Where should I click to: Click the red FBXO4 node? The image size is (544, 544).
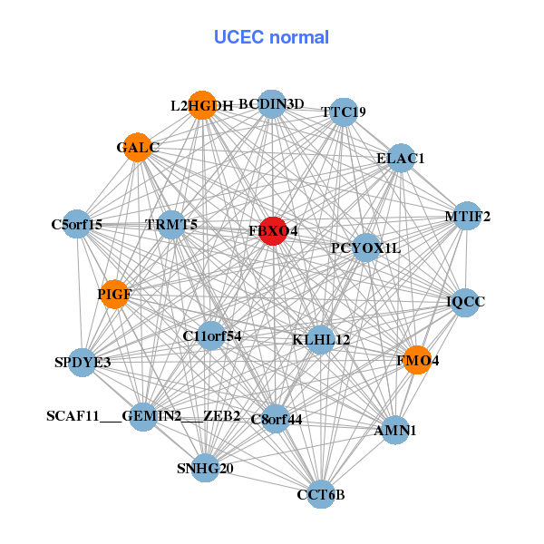tap(274, 230)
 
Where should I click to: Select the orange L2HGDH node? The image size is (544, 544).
tap(202, 105)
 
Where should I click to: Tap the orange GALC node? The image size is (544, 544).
tap(138, 148)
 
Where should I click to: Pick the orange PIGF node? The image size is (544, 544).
tap(114, 294)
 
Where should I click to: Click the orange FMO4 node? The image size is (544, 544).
tap(417, 360)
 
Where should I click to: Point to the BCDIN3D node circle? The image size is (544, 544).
tap(272, 103)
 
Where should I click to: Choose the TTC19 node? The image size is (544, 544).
tap(343, 112)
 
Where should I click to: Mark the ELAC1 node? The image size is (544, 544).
tap(401, 158)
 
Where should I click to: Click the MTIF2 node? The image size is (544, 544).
tap(467, 216)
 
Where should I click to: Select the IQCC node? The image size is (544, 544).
tap(466, 301)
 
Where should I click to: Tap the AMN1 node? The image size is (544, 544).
tap(395, 430)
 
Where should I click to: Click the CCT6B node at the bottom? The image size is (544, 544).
tap(321, 494)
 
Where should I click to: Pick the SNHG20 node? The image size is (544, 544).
tap(205, 468)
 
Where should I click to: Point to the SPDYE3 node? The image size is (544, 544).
tap(83, 363)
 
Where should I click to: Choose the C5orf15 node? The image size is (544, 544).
tap(77, 223)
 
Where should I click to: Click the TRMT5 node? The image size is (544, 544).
tap(171, 223)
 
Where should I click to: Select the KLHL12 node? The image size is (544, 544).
tap(321, 339)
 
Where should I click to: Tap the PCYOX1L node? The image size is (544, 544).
tap(365, 247)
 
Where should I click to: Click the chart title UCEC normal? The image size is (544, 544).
tap(271, 37)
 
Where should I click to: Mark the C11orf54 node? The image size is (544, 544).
tap(211, 335)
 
